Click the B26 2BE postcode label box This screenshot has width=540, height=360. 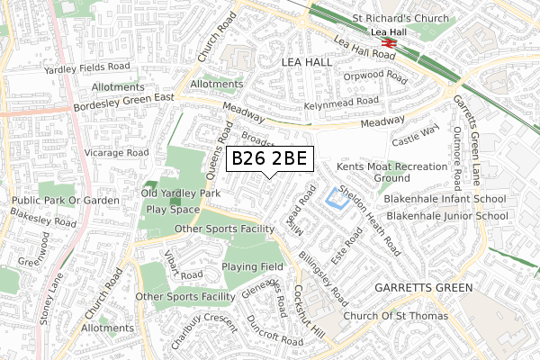tap(269, 159)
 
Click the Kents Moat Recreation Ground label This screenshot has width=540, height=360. tap(391, 173)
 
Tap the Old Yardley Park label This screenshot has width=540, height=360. tap(180, 193)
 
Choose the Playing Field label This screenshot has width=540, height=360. tap(254, 267)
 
